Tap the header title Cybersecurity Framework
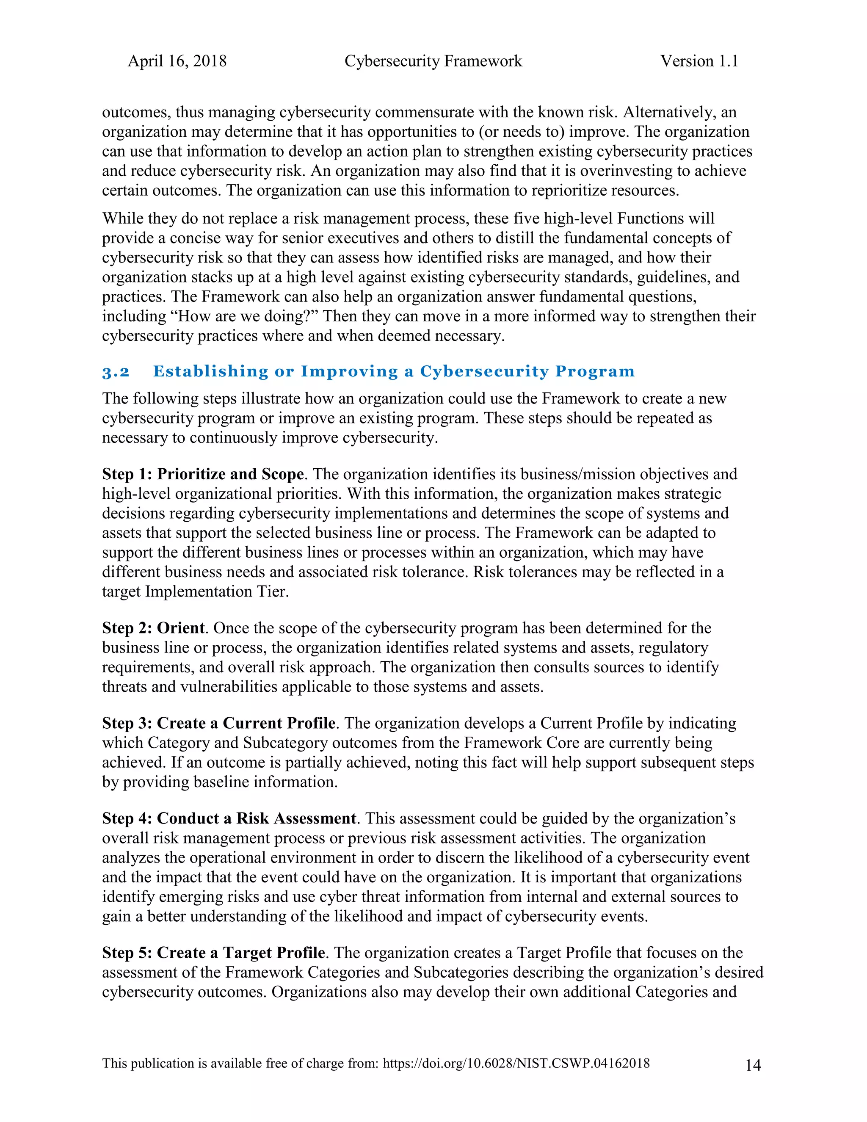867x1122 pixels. pos(433,61)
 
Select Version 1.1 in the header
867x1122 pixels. pos(699,61)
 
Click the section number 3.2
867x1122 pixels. pos(116,372)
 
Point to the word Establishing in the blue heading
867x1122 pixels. pos(210,371)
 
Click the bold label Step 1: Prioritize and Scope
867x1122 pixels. pos(203,474)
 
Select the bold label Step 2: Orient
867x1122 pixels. pos(153,628)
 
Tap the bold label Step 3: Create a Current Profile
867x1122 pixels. pos(219,723)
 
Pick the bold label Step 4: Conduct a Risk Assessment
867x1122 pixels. pos(229,818)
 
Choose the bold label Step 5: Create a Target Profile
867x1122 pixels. pos(214,953)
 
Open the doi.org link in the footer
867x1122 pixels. pos(516,1064)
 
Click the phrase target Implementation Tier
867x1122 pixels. pos(195,591)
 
